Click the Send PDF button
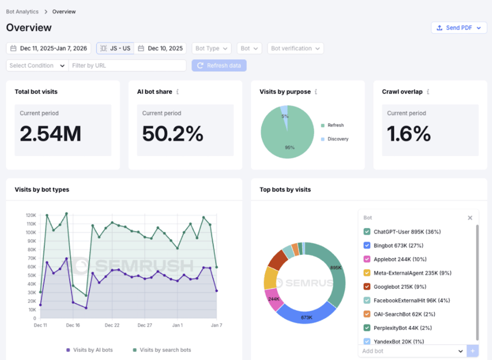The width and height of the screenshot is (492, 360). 459,28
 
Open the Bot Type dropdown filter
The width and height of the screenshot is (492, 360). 211,48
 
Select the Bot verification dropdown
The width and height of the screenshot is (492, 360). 295,48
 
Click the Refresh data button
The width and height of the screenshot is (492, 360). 219,65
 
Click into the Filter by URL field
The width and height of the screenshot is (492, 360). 127,65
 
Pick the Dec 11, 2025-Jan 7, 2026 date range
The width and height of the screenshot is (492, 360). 49,48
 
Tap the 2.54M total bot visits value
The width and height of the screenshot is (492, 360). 51,134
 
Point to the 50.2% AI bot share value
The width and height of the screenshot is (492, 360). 173,134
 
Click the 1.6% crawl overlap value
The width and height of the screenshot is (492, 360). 409,134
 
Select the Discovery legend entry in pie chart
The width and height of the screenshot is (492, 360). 338,139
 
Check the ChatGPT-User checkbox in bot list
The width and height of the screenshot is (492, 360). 367,232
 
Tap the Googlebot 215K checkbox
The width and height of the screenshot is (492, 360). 367,287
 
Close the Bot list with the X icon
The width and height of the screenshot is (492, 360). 470,218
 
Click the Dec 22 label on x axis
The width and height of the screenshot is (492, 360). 112,325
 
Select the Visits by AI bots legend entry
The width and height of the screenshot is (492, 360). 90,350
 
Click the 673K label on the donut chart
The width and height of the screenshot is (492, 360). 307,317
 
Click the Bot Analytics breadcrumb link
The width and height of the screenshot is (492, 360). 22,11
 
